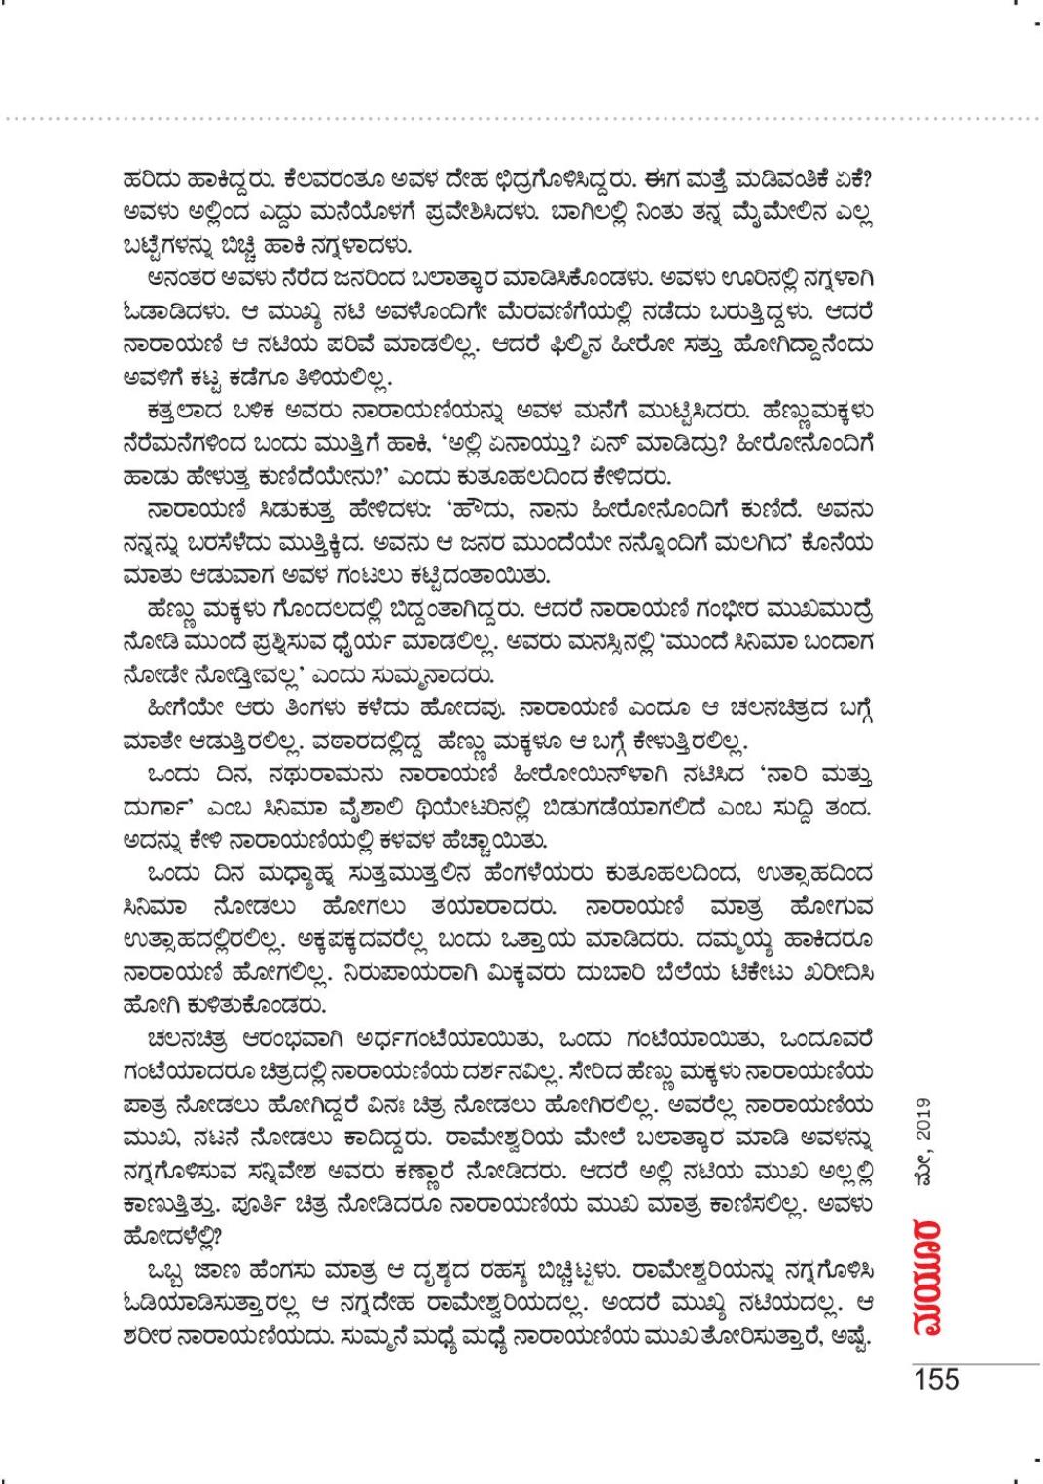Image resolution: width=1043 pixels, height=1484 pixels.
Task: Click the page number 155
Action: pyautogui.click(x=935, y=1379)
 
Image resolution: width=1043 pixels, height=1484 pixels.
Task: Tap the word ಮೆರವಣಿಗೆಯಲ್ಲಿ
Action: pyautogui.click(x=560, y=315)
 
